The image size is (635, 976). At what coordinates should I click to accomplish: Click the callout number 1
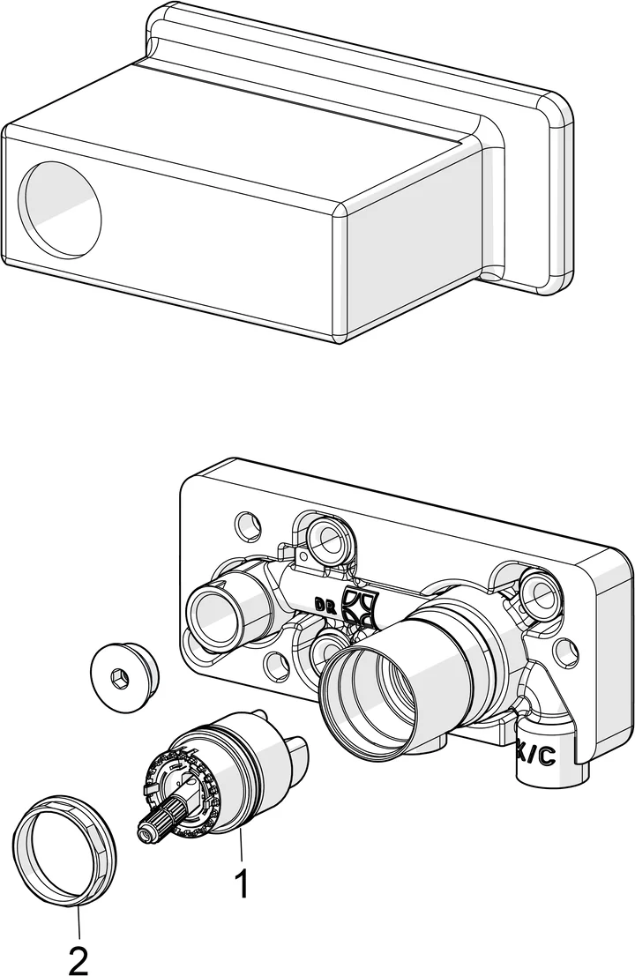pos(239,884)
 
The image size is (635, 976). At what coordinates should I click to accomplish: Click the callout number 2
pos(78,959)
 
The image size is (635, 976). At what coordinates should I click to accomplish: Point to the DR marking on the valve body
pos(325,605)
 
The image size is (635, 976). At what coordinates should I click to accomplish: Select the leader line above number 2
pos(78,922)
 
